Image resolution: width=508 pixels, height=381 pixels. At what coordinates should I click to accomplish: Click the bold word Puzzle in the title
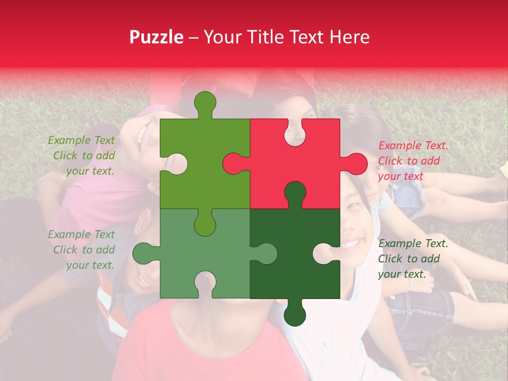pyautogui.click(x=156, y=37)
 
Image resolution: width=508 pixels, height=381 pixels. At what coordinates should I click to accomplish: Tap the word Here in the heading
pyautogui.click(x=349, y=37)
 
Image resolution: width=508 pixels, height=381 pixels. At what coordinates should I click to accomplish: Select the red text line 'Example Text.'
pyautogui.click(x=413, y=146)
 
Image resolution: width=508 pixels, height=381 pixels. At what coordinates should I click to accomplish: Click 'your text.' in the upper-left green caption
pyautogui.click(x=90, y=171)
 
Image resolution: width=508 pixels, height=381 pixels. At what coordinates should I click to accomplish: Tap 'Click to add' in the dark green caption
pyautogui.click(x=409, y=259)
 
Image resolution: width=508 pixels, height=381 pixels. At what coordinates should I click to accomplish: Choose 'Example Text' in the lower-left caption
pyautogui.click(x=81, y=234)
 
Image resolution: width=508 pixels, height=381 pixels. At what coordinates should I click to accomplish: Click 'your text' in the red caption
pyautogui.click(x=401, y=176)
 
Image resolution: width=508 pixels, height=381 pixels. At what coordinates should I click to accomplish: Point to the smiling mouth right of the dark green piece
pyautogui.click(x=351, y=244)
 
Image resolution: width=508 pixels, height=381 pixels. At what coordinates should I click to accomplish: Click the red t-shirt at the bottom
pyautogui.click(x=206, y=349)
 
